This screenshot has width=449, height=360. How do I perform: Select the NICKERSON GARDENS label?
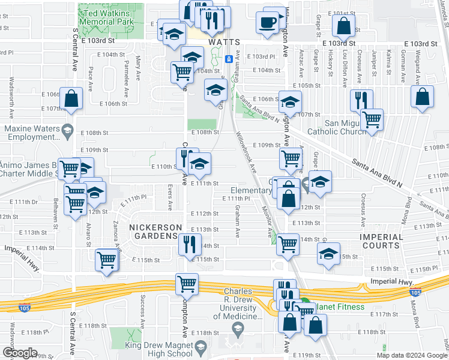tap(155, 232)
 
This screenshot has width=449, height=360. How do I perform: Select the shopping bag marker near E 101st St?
tap(344, 26)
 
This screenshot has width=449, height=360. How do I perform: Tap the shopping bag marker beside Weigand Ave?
tap(423, 96)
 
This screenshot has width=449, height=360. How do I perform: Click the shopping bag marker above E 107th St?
tap(71, 100)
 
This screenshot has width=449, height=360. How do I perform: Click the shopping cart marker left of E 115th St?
tap(106, 260)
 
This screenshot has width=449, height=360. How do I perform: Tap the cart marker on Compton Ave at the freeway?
tap(187, 284)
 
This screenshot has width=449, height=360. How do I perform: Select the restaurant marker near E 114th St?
tap(188, 244)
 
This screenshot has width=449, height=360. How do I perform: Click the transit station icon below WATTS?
tap(229, 59)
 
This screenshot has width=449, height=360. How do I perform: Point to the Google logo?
tap(20, 353)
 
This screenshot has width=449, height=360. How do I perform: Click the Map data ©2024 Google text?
tap(412, 355)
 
